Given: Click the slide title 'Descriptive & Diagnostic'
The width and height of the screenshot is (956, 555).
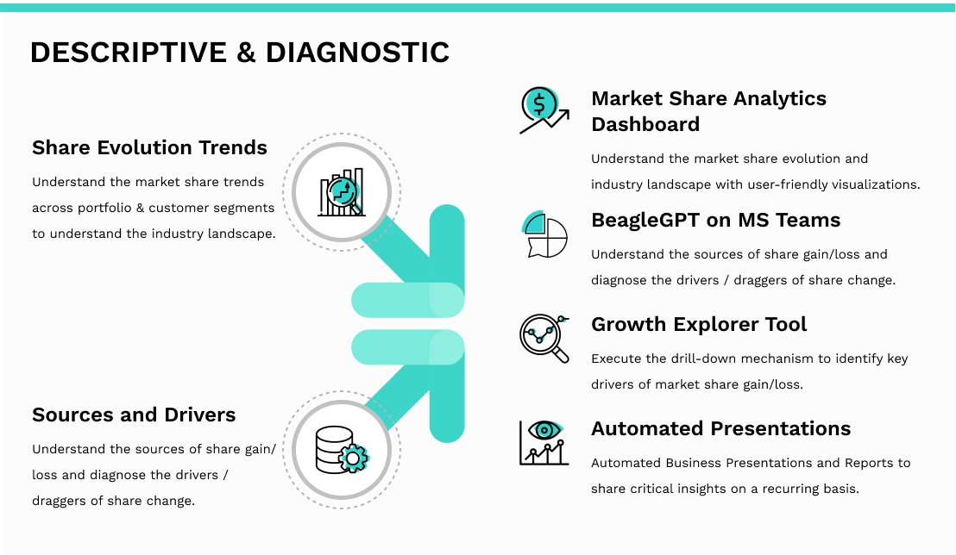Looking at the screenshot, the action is (x=240, y=53).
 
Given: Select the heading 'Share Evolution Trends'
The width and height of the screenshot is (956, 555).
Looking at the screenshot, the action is (x=149, y=147).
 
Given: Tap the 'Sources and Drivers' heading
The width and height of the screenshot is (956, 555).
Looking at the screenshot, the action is (x=134, y=415).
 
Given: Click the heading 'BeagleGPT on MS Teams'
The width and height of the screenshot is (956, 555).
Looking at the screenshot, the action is (x=716, y=220).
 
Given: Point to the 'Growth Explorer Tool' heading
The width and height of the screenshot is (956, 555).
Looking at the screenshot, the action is (x=699, y=325).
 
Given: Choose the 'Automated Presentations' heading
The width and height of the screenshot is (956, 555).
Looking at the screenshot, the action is (x=720, y=428).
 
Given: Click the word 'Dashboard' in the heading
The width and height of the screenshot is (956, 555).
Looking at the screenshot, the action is (x=645, y=124).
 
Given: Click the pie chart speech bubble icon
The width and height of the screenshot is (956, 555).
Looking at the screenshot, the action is (x=544, y=234).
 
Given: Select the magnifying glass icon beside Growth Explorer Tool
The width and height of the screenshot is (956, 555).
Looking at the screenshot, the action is (x=544, y=339).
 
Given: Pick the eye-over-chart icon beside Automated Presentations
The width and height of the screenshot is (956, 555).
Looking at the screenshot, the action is (x=544, y=443).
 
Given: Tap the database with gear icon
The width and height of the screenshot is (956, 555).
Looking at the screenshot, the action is (x=342, y=450).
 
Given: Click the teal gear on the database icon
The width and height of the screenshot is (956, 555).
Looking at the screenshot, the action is (x=354, y=458).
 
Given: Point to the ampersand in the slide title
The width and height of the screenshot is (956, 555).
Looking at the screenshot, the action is (x=246, y=53).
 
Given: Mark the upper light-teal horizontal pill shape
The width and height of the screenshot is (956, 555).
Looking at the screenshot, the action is (x=408, y=301).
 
